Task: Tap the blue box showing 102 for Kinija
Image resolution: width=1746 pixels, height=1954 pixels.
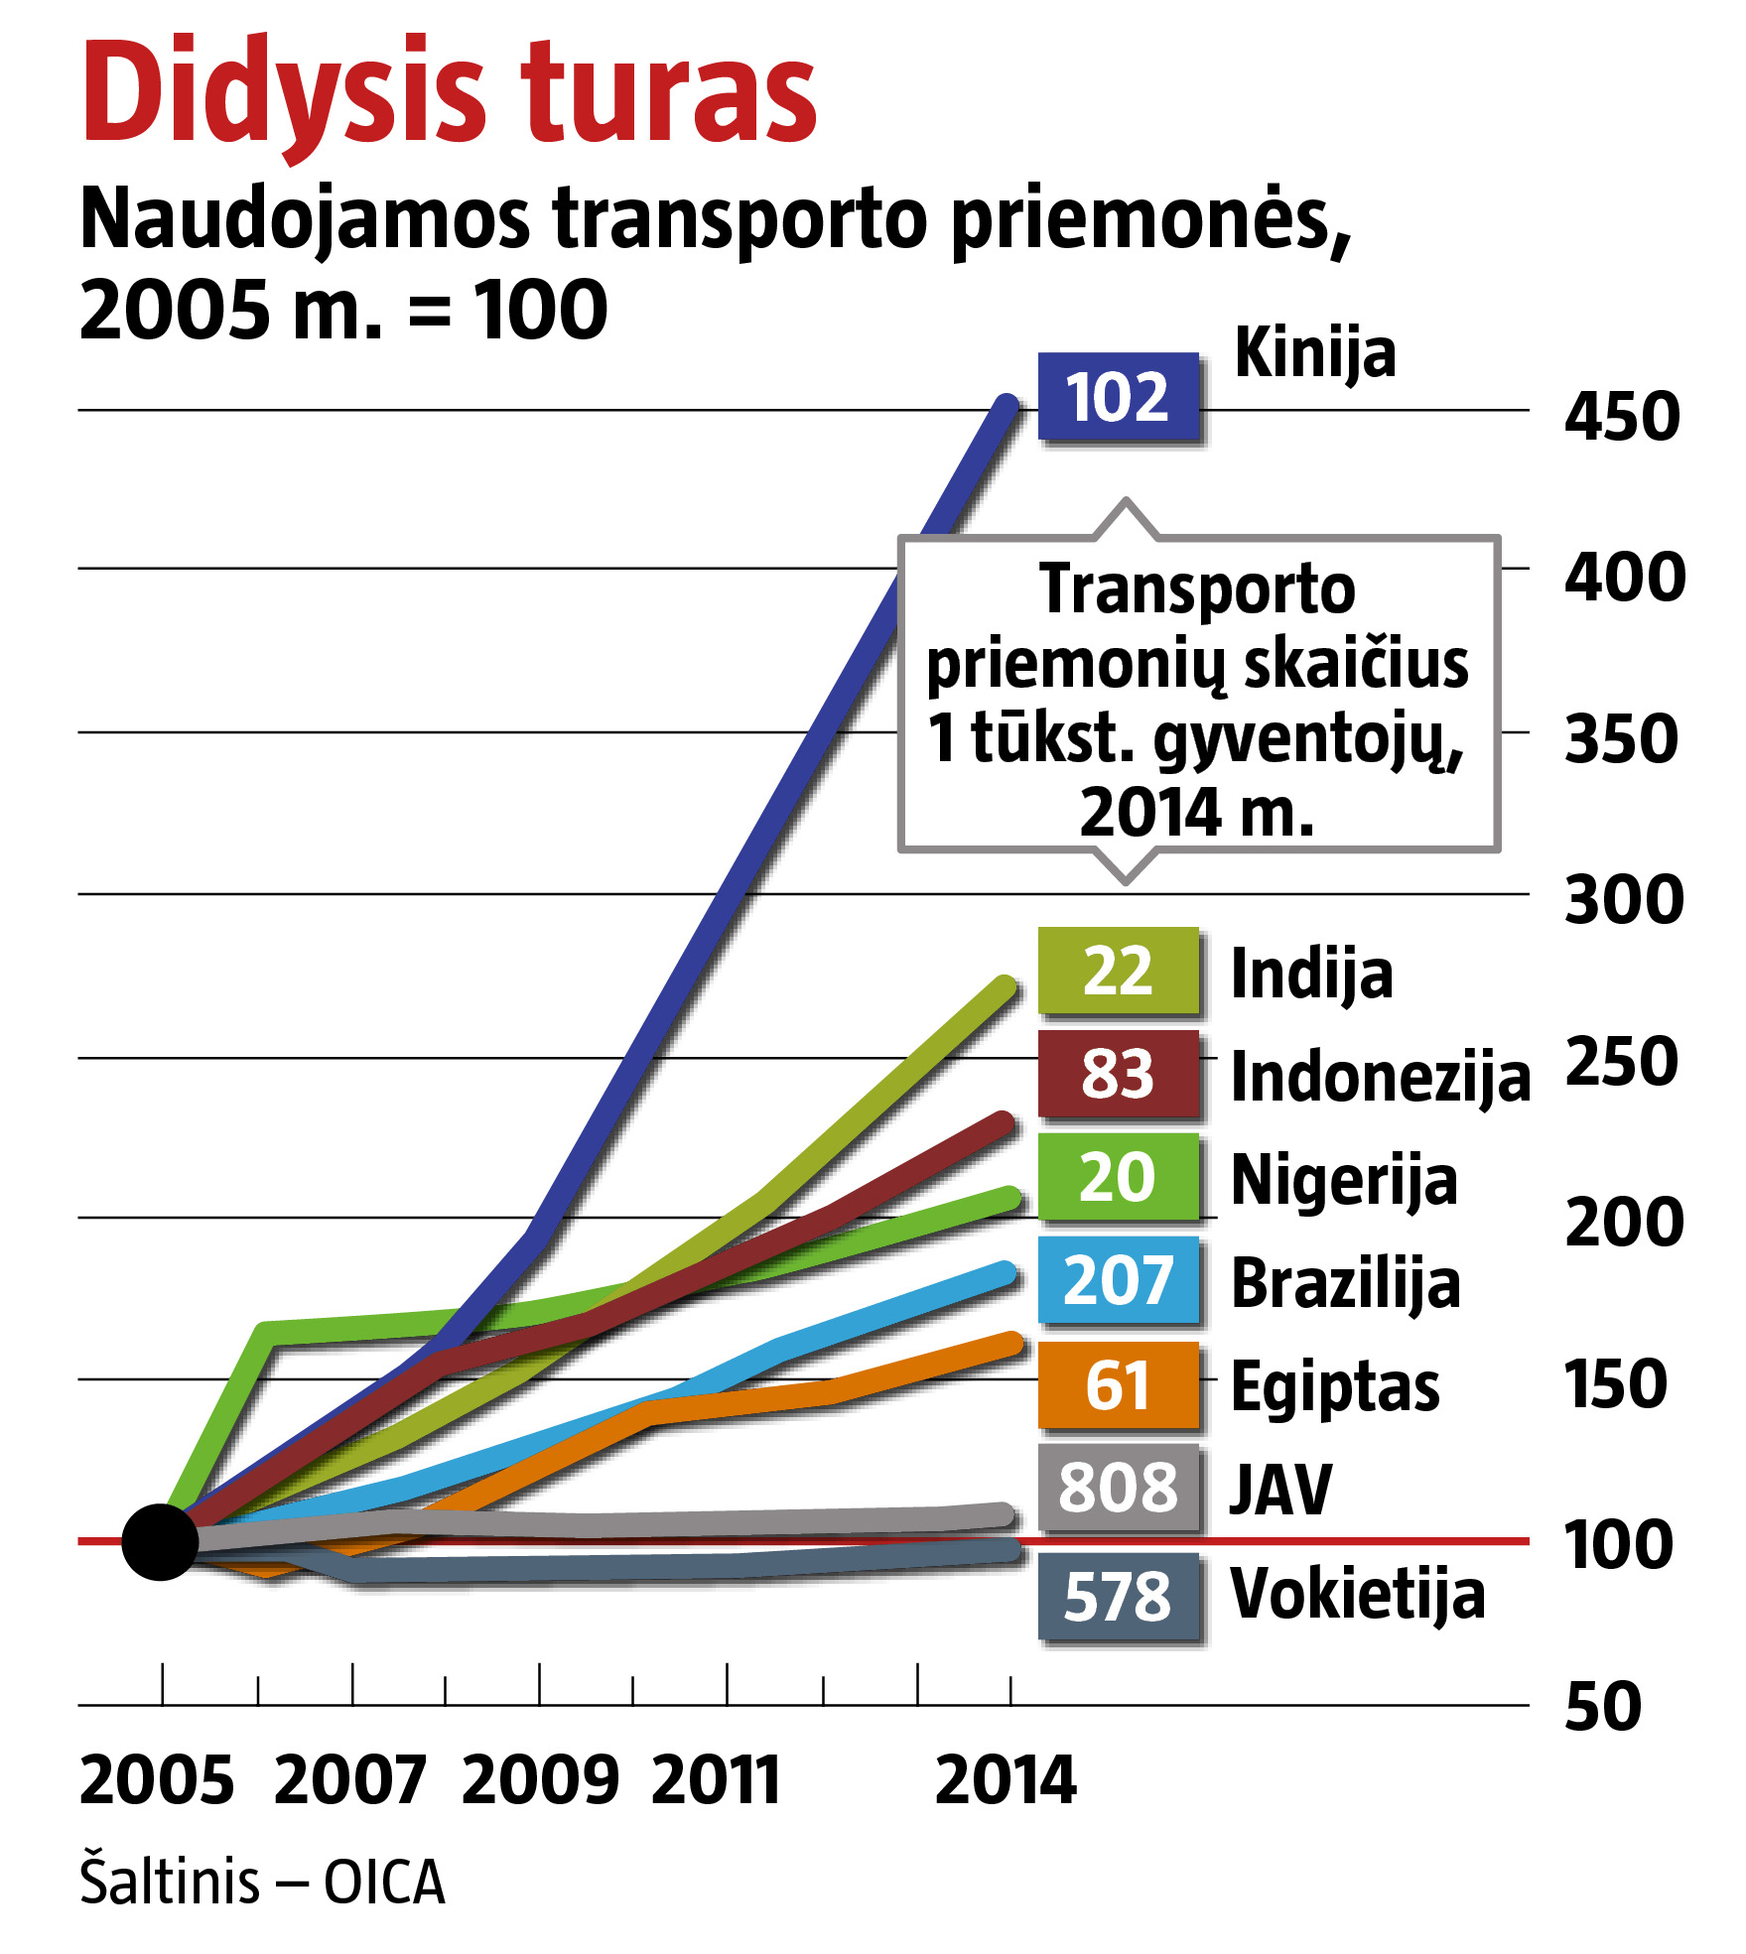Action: tap(1118, 397)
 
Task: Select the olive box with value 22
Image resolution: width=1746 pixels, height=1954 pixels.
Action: tap(1118, 971)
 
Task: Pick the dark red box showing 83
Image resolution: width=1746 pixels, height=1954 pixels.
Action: tap(1118, 1074)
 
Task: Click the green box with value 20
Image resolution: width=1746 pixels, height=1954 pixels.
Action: tap(1118, 1177)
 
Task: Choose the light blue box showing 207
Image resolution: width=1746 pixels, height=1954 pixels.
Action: tap(1118, 1280)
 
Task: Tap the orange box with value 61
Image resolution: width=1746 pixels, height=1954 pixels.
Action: tap(1118, 1385)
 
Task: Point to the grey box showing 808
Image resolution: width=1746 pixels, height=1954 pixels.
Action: tap(1118, 1488)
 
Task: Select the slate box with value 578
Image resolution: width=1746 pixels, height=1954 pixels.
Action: tap(1118, 1597)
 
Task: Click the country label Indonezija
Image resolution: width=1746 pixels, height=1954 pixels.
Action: tap(1380, 1078)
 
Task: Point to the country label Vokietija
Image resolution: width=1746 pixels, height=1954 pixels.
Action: tap(1357, 1595)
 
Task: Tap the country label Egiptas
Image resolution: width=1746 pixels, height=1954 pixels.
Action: tap(1335, 1387)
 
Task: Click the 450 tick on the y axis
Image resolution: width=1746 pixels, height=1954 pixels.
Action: tap(1622, 416)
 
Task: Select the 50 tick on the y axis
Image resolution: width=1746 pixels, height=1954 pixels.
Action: tap(1603, 1707)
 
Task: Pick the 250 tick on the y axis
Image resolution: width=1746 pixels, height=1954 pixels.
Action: tap(1622, 1062)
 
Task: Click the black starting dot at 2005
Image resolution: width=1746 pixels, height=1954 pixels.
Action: tap(160, 1541)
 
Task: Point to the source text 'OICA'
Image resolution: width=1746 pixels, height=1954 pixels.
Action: tap(384, 1883)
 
